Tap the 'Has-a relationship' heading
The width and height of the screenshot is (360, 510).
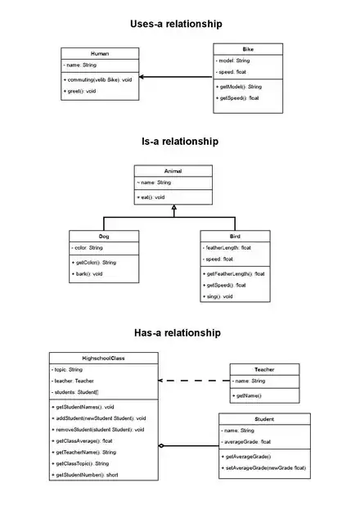[177, 333]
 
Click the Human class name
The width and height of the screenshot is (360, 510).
[100, 53]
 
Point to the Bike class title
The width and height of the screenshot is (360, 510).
[248, 49]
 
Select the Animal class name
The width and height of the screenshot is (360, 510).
[173, 171]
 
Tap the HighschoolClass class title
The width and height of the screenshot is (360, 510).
[103, 359]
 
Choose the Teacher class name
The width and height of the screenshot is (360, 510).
[264, 369]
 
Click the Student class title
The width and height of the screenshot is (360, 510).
[264, 418]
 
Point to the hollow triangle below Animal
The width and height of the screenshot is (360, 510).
[173, 209]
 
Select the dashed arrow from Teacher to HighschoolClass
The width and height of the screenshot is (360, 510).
[195, 381]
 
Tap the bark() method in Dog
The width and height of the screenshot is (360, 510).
[89, 273]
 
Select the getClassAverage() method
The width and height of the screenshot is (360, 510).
[83, 440]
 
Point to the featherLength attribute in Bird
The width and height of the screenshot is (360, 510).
[227, 246]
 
